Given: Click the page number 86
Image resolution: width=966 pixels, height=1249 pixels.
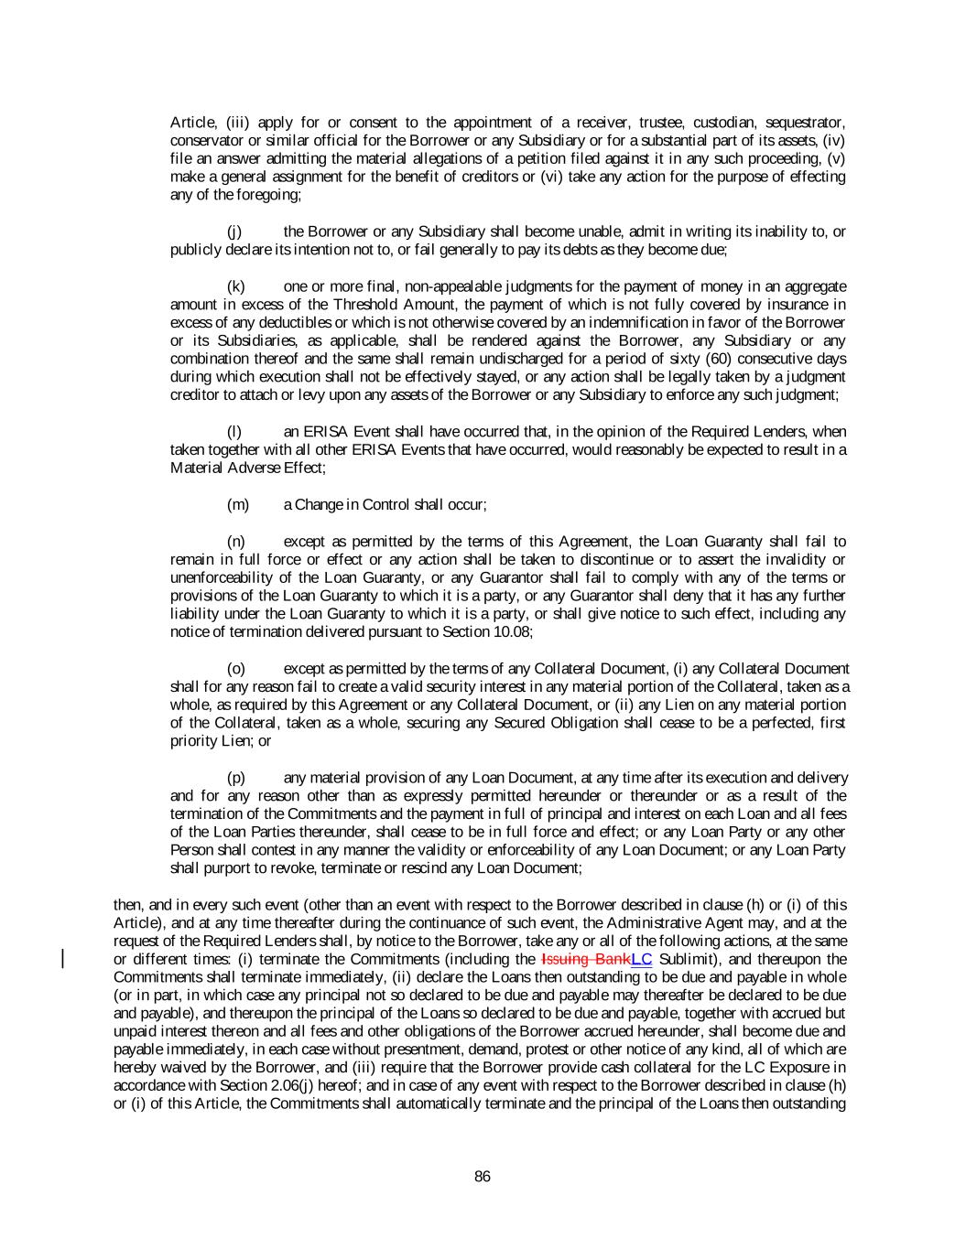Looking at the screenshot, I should [483, 1177].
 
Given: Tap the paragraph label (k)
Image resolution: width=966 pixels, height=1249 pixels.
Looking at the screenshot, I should [235, 286].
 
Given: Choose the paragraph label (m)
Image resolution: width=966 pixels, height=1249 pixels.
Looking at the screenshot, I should [237, 504].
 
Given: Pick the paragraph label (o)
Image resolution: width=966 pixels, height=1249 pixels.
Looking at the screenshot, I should [235, 668].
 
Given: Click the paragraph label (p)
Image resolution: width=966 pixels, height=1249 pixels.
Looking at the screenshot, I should [235, 777].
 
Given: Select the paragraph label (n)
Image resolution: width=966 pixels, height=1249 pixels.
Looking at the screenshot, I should [235, 541].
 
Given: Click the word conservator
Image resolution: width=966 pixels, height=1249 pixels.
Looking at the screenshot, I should [205, 141].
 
